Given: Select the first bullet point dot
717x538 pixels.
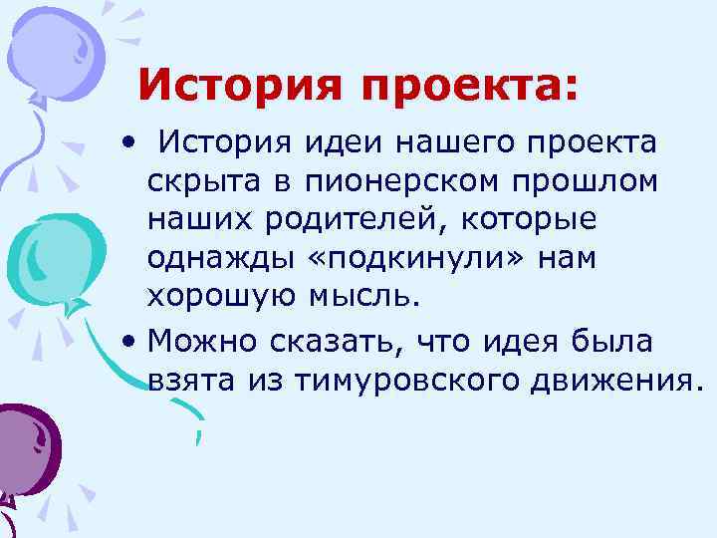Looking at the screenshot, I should (x=128, y=143).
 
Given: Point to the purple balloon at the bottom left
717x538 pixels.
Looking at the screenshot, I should (x=30, y=438).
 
